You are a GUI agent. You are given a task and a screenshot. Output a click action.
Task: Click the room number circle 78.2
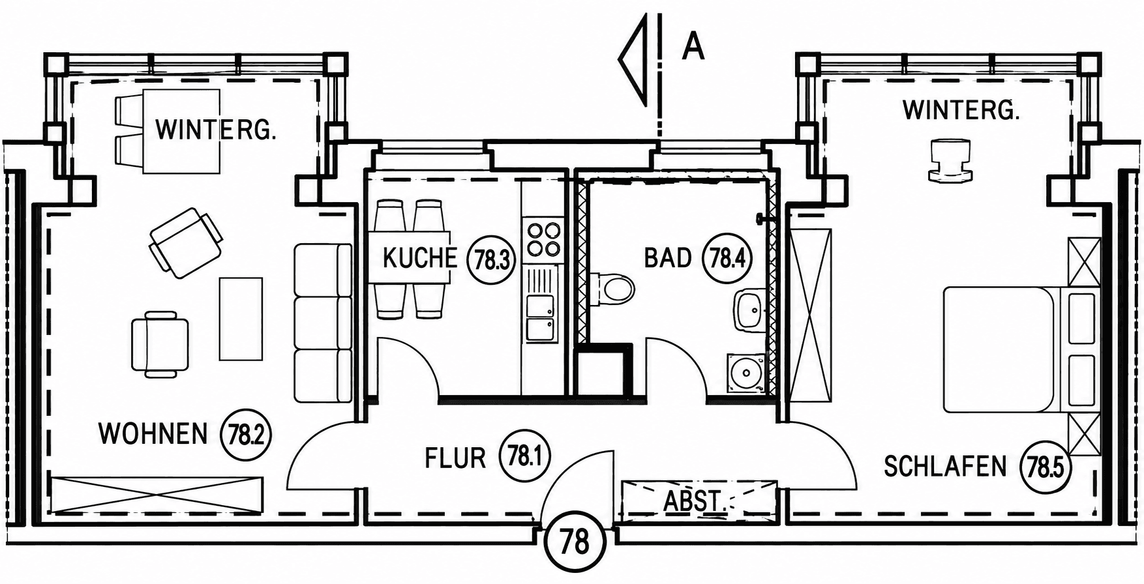(x=246, y=434)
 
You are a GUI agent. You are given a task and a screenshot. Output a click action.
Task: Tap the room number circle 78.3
(x=491, y=260)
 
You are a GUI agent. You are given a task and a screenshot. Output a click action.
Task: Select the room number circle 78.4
(x=727, y=259)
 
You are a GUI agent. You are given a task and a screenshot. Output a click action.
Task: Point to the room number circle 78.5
(x=1046, y=467)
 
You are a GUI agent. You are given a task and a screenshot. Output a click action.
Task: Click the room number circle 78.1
(x=524, y=456)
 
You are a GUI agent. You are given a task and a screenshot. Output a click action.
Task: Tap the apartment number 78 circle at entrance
(x=575, y=542)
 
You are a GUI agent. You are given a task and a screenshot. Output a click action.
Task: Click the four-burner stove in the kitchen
(x=543, y=239)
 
